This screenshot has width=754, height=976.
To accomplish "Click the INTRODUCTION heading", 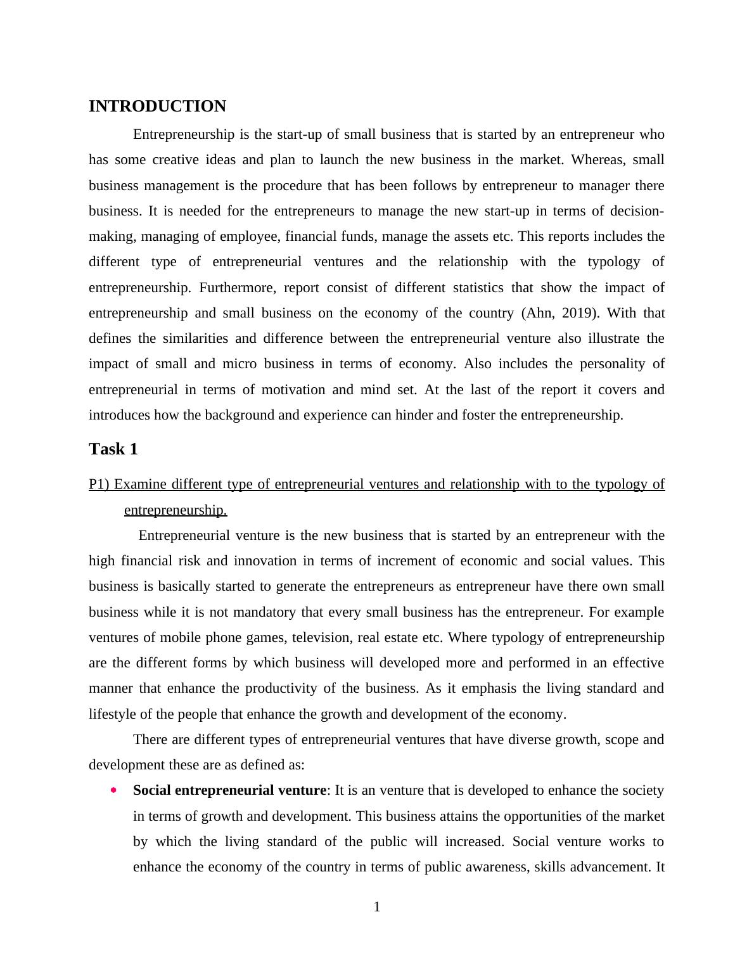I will click(157, 106).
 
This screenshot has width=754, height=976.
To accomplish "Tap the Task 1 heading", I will click(113, 449).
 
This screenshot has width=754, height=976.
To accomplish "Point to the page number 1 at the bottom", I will click(377, 907).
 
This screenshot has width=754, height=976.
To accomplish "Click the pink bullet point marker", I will click(113, 790).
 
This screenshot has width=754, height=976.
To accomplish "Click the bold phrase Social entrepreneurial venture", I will click(229, 790).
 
